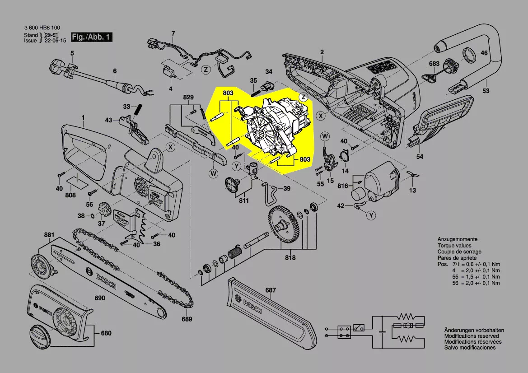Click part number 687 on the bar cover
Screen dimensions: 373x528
[x=270, y=290]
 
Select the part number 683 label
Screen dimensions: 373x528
[x=434, y=64]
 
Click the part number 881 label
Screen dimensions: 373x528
[x=49, y=235]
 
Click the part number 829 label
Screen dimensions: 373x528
[x=188, y=98]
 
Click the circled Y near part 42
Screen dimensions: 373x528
[x=371, y=216]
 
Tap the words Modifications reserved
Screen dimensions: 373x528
[x=471, y=336]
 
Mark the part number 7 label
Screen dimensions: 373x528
[x=172, y=33]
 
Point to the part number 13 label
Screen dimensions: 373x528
[x=412, y=191]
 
